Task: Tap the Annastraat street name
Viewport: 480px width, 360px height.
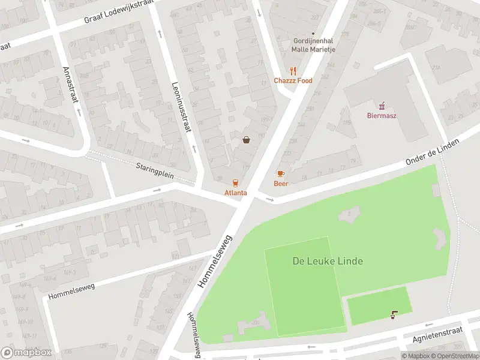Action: coord(70,85)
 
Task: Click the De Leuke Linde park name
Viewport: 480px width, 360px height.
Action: coord(327,261)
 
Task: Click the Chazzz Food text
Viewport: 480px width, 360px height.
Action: coord(293,80)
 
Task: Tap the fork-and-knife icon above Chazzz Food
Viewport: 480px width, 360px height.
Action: coord(293,70)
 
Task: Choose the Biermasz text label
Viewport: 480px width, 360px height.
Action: coord(382,116)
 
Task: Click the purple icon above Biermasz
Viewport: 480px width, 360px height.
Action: coord(382,105)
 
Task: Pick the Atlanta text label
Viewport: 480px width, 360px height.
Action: coord(236,193)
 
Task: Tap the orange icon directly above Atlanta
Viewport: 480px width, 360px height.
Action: coord(236,182)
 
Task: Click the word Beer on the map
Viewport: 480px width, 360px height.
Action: coord(281,183)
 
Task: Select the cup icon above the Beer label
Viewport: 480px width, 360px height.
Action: coord(281,173)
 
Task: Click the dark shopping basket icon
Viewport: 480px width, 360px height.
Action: coord(247,140)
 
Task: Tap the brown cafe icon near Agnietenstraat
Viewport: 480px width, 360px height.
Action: coord(394,314)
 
